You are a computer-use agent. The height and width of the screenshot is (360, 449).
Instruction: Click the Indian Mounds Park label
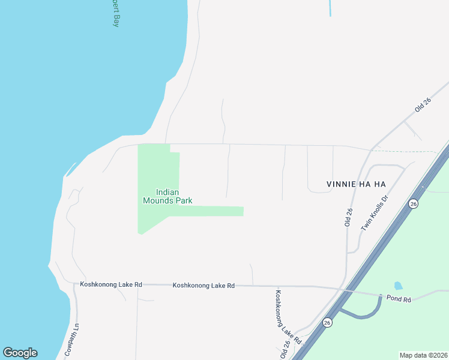167,196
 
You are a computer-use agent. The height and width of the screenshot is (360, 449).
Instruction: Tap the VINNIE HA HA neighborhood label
355,184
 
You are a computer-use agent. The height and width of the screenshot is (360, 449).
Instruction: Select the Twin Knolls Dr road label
376,212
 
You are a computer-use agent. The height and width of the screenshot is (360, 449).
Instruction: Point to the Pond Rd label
399,299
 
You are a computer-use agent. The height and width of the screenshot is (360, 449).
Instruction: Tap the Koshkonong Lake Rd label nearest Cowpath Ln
111,284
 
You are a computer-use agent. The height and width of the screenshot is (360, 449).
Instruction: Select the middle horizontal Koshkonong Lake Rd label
203,286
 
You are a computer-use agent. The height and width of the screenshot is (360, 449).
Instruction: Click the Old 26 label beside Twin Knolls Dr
348,217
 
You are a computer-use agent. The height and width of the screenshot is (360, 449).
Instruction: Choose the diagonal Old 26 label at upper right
423,106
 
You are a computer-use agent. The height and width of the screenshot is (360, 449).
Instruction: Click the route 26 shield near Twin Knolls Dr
413,204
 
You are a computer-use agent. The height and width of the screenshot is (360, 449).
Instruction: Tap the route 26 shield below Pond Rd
327,322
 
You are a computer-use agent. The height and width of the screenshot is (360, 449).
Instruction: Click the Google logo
20,353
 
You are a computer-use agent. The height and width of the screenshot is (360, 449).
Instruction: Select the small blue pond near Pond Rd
397,286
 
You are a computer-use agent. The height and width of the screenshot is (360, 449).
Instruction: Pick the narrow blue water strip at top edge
330,7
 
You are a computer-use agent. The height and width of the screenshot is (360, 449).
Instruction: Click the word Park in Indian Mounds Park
180,201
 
